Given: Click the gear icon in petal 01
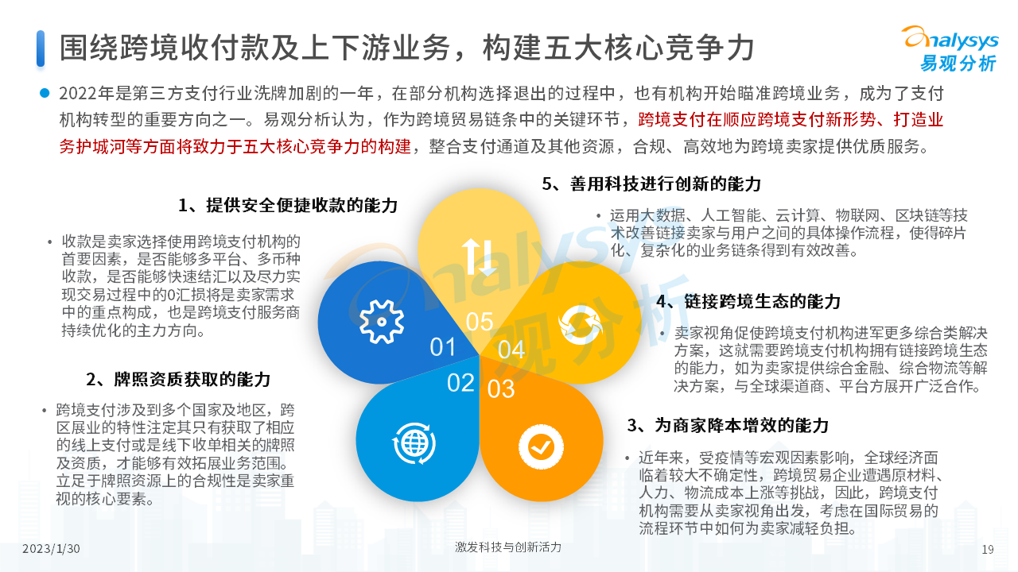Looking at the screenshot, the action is (381, 322).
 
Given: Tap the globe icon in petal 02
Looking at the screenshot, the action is (414, 443).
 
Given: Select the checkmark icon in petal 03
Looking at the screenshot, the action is (541, 447).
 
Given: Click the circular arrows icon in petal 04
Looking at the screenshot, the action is (581, 325).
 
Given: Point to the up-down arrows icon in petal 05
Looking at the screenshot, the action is (479, 257).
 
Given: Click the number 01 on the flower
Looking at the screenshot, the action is (443, 347).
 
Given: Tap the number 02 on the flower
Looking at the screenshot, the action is (460, 383).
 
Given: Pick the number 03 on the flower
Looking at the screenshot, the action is (501, 389).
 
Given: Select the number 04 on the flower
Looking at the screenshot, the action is (511, 350).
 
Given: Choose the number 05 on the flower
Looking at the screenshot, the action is (480, 322).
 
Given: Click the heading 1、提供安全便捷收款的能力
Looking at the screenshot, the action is (288, 205).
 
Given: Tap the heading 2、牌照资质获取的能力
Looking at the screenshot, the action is (178, 379).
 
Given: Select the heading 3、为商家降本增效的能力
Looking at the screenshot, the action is (728, 425).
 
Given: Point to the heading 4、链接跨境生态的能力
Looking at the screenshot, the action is (748, 301).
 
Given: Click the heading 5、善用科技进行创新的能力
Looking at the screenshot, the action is (651, 184).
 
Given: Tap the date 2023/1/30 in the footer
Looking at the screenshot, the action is (51, 549).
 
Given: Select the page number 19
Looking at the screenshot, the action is (988, 550).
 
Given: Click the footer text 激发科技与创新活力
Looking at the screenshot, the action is (508, 547).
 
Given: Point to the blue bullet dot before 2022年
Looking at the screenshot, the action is (45, 93).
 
